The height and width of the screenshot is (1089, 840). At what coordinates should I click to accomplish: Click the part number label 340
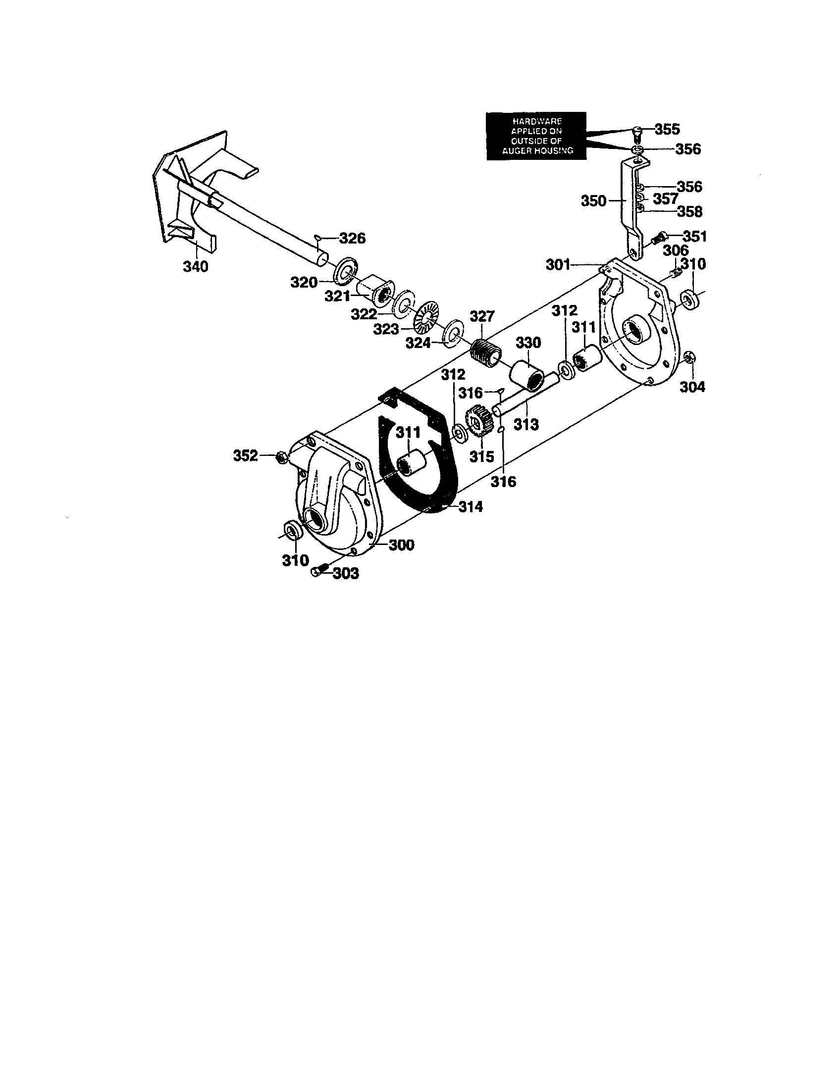pos(195,267)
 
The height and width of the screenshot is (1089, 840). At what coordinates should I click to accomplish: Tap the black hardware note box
pos(536,136)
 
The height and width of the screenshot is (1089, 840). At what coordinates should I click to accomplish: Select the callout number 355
pos(667,129)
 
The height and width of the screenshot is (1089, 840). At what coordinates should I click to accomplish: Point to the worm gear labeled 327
pos(485,353)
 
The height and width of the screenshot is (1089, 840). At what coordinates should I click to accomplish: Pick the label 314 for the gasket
pos(471,506)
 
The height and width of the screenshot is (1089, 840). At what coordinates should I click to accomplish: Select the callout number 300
pos(402,545)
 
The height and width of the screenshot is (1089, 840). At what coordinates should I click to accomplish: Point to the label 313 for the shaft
pos(526,424)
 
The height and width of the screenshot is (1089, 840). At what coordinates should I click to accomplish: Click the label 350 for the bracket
pos(593,201)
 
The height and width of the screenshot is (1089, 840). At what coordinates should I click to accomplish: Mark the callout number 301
pos(558,264)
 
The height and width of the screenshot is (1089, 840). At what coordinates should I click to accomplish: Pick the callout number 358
pos(689,211)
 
